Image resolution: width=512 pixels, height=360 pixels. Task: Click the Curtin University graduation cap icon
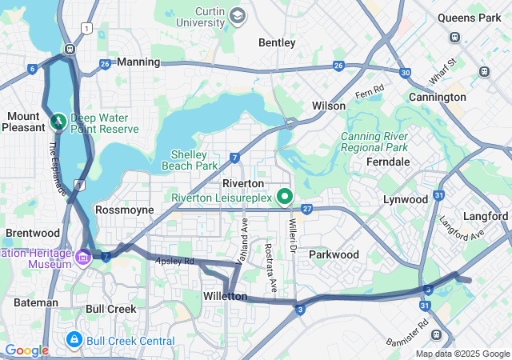click(x=238, y=15)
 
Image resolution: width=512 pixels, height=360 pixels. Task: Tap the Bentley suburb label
click(x=277, y=42)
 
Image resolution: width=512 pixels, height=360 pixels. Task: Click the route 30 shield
click(x=406, y=73)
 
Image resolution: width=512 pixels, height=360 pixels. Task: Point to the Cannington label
click(x=438, y=97)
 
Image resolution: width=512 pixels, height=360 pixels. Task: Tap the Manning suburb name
click(x=138, y=61)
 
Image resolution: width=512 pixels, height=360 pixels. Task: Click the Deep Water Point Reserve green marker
click(x=58, y=122)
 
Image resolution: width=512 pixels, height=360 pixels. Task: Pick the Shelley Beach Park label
click(x=194, y=160)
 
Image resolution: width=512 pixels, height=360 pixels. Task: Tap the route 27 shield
click(x=306, y=209)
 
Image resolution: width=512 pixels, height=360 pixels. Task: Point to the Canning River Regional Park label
click(x=374, y=142)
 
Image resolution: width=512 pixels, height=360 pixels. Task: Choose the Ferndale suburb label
click(x=387, y=162)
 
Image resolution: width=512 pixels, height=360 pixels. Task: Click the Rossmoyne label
click(x=124, y=209)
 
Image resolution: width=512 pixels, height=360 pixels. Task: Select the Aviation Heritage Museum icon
click(x=84, y=257)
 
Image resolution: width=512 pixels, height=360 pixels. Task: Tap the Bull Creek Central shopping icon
click(x=74, y=341)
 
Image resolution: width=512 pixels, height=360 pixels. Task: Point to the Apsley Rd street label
click(x=175, y=261)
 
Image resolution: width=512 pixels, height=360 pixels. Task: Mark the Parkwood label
click(x=334, y=254)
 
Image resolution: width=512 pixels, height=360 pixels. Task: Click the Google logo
click(x=26, y=350)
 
